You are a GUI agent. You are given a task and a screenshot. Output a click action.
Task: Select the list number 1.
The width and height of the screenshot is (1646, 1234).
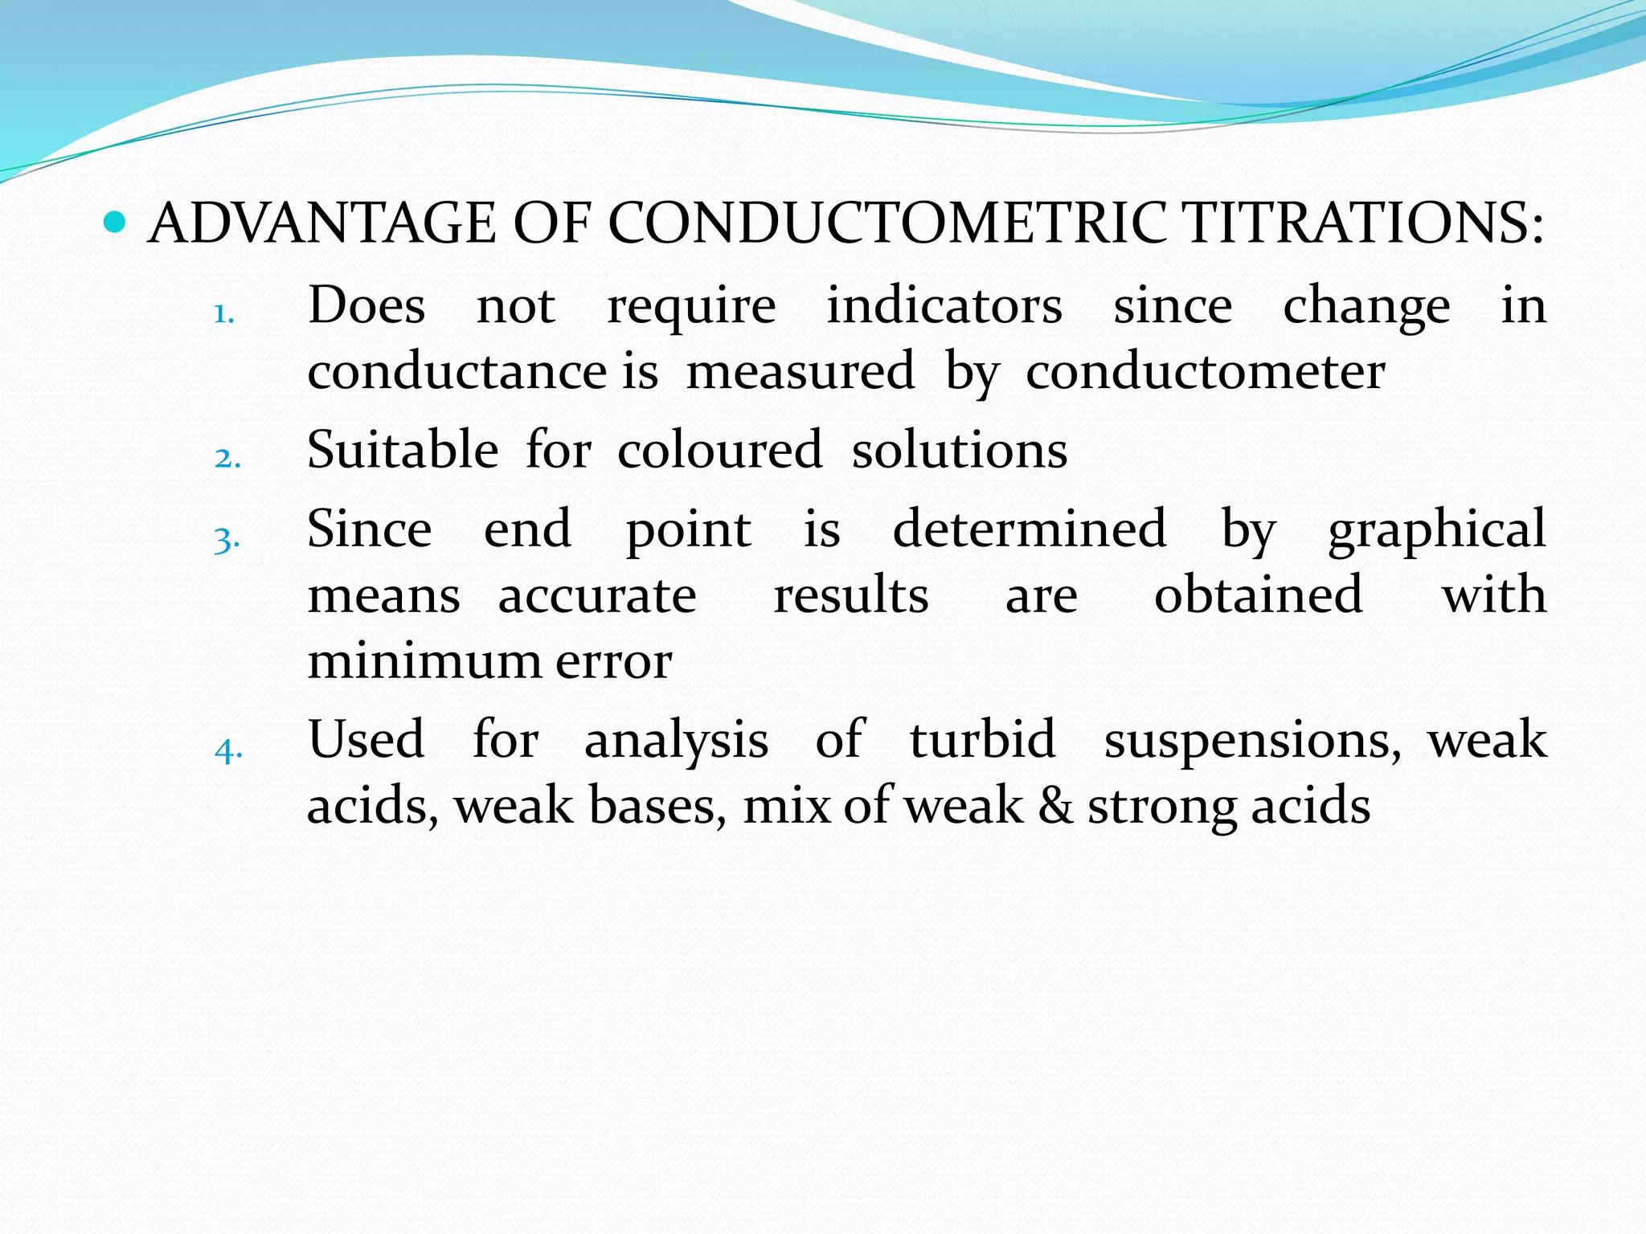[223, 314]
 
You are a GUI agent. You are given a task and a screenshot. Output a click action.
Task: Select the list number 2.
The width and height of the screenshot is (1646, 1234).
[227, 458]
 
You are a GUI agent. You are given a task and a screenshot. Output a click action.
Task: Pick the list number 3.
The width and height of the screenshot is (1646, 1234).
[227, 539]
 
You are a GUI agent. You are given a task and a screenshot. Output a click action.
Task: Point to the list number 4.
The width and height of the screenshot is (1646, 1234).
[228, 750]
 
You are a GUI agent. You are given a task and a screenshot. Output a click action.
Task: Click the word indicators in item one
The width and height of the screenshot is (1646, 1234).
[944, 305]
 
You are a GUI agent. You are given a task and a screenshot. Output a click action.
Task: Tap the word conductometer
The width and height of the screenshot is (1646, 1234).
[1205, 372]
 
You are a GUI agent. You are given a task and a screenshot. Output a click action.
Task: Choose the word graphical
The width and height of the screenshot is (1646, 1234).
[1436, 530]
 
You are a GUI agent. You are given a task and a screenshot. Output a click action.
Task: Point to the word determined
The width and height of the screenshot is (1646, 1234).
[1029, 529]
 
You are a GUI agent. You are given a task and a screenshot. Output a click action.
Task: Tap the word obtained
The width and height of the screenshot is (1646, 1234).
[1258, 595]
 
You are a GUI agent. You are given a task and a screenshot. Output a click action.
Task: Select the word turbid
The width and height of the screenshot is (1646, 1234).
[982, 739]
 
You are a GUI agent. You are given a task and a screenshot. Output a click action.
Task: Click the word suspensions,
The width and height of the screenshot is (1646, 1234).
[1252, 741]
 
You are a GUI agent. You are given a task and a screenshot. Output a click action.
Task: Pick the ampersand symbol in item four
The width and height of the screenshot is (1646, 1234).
[1055, 806]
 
